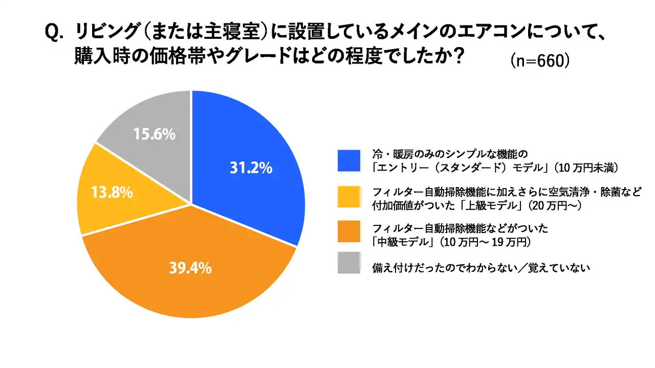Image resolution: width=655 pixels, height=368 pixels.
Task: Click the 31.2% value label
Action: [x=251, y=168]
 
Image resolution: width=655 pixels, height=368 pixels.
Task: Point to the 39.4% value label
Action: [x=190, y=268]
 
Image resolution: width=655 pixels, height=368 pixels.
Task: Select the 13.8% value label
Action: [x=112, y=193]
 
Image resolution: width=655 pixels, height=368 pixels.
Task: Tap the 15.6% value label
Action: [x=155, y=134]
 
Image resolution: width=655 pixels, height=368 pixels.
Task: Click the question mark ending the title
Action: [x=458, y=56]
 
